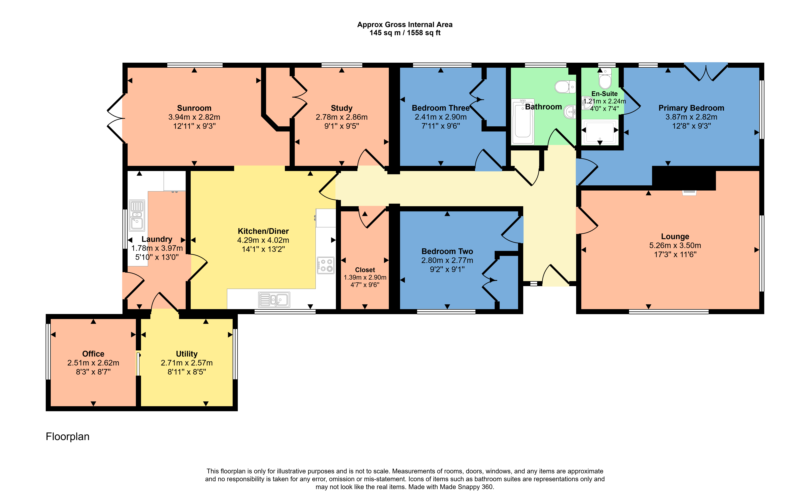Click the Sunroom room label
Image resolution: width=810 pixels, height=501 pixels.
(x=194, y=108)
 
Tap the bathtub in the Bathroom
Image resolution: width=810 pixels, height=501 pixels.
(x=523, y=122)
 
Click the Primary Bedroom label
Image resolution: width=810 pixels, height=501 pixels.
(x=691, y=108)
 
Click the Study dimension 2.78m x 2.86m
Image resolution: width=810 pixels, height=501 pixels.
(x=341, y=117)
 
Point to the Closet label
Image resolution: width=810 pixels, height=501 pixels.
(x=365, y=270)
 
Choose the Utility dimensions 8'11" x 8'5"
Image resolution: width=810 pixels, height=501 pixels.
(x=187, y=372)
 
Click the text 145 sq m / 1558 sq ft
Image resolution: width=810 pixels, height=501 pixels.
(x=405, y=33)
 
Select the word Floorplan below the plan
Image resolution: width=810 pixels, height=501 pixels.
(x=68, y=436)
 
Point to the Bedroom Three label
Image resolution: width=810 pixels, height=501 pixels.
(x=440, y=108)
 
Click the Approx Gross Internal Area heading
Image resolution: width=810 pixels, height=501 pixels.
(x=405, y=25)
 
